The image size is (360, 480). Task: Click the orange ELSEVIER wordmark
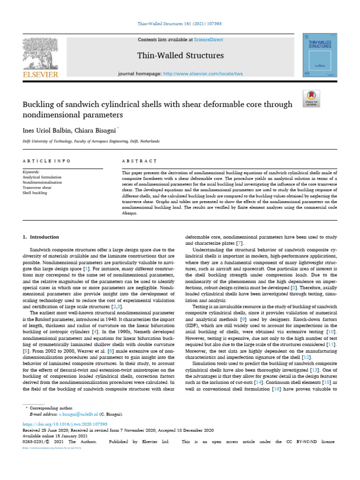[41, 75]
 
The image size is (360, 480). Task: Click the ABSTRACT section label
[139, 161]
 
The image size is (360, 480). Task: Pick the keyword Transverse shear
[38, 187]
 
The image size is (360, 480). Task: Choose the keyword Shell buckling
[35, 193]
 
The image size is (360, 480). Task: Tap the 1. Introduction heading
[41, 237]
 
